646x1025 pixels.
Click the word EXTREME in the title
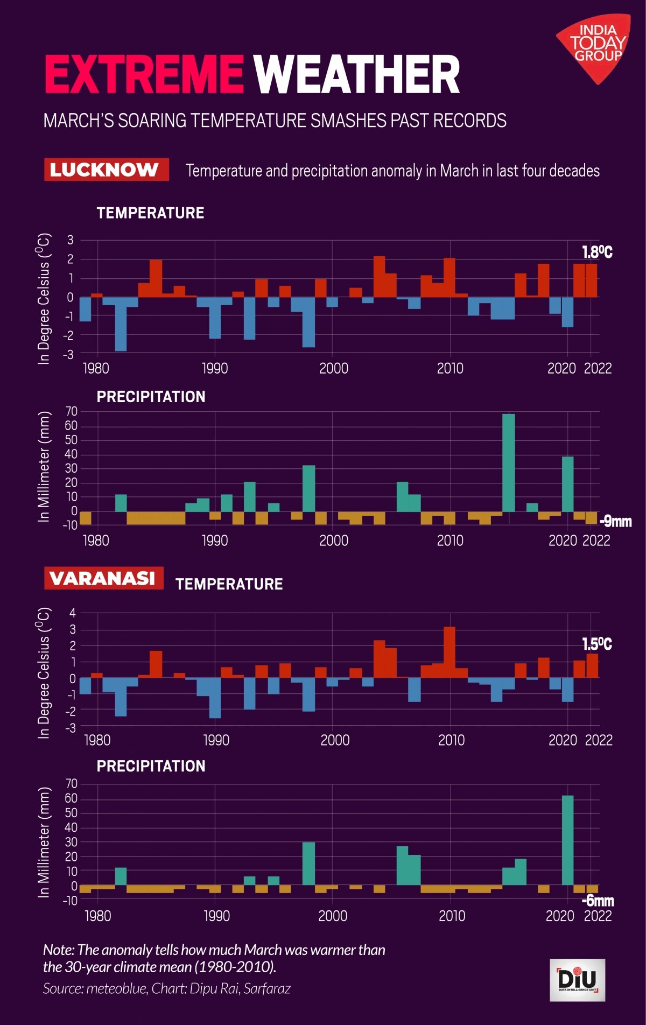click(x=144, y=75)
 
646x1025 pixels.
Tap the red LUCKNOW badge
click(x=106, y=170)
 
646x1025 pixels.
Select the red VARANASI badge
click(x=103, y=578)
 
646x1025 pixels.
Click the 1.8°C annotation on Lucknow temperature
click(x=597, y=252)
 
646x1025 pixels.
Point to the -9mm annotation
click(x=615, y=521)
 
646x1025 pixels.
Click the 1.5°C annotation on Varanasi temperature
click(x=597, y=644)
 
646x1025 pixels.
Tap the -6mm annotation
click(x=598, y=901)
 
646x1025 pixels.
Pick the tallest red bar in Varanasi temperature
click(x=450, y=652)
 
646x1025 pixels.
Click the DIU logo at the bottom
click(x=577, y=980)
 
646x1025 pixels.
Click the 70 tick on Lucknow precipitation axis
click(x=71, y=412)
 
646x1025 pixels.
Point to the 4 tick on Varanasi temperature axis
click(x=73, y=613)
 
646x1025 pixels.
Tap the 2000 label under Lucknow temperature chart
click(x=333, y=369)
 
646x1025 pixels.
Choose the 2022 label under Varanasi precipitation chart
click(x=598, y=916)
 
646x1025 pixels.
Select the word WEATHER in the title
click(x=357, y=75)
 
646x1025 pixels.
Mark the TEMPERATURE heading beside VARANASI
click(x=229, y=584)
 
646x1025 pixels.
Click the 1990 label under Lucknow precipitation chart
click(x=214, y=540)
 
